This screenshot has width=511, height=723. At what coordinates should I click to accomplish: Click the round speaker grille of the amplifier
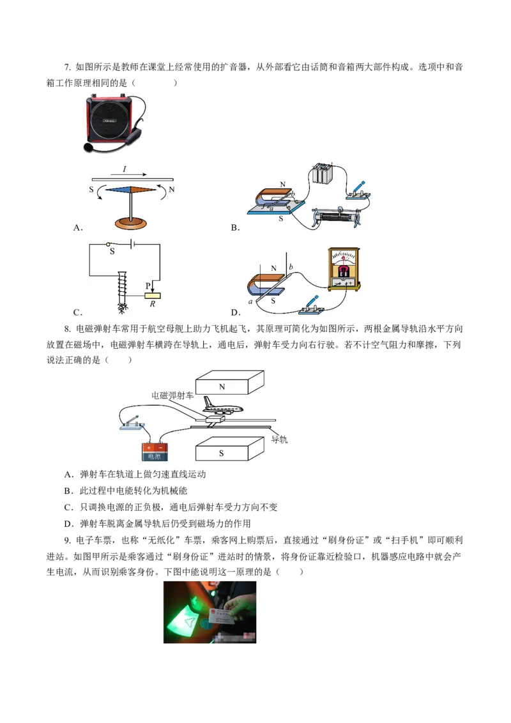109,120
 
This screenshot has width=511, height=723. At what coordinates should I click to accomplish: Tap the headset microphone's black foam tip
88,147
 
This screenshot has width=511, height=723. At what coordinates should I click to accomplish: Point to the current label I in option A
124,169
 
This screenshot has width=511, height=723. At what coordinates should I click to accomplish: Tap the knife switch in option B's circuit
358,192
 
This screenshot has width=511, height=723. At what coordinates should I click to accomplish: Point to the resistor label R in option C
152,304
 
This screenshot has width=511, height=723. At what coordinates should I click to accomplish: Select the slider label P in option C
148,286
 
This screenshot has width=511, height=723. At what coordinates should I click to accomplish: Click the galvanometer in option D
344,270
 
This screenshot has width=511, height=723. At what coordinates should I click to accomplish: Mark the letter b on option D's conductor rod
291,266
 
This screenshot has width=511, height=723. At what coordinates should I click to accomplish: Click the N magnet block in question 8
230,382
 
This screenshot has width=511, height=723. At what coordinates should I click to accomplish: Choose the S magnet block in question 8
230,448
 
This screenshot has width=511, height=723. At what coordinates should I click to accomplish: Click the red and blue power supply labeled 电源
155,452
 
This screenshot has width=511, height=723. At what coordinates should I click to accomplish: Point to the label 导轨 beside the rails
279,439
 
